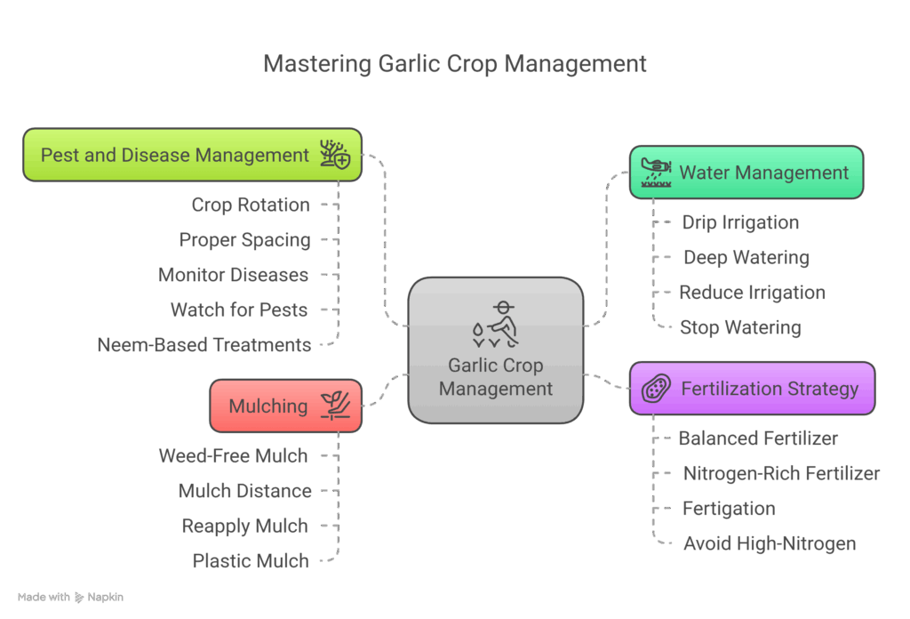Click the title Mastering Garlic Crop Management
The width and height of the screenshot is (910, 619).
(455, 64)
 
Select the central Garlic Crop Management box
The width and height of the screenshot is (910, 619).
(496, 349)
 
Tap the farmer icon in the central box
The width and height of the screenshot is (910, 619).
(496, 325)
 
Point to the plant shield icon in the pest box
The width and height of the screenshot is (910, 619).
(335, 155)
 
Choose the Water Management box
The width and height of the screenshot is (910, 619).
(746, 172)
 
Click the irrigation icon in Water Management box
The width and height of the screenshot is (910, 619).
(656, 172)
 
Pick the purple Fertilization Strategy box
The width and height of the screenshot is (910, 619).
(752, 389)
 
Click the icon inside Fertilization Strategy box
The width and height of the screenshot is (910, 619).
(656, 389)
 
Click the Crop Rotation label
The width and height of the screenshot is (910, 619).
(251, 205)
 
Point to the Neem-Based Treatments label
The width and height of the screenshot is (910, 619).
(204, 345)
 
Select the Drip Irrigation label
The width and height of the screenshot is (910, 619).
(739, 222)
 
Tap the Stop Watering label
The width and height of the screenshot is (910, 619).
(739, 327)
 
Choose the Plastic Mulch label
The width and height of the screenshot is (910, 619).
(251, 561)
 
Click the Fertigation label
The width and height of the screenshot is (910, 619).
(729, 509)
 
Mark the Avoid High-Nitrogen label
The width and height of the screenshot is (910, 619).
(769, 543)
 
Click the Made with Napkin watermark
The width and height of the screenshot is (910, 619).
(70, 598)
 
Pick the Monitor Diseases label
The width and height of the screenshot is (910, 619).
(233, 275)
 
